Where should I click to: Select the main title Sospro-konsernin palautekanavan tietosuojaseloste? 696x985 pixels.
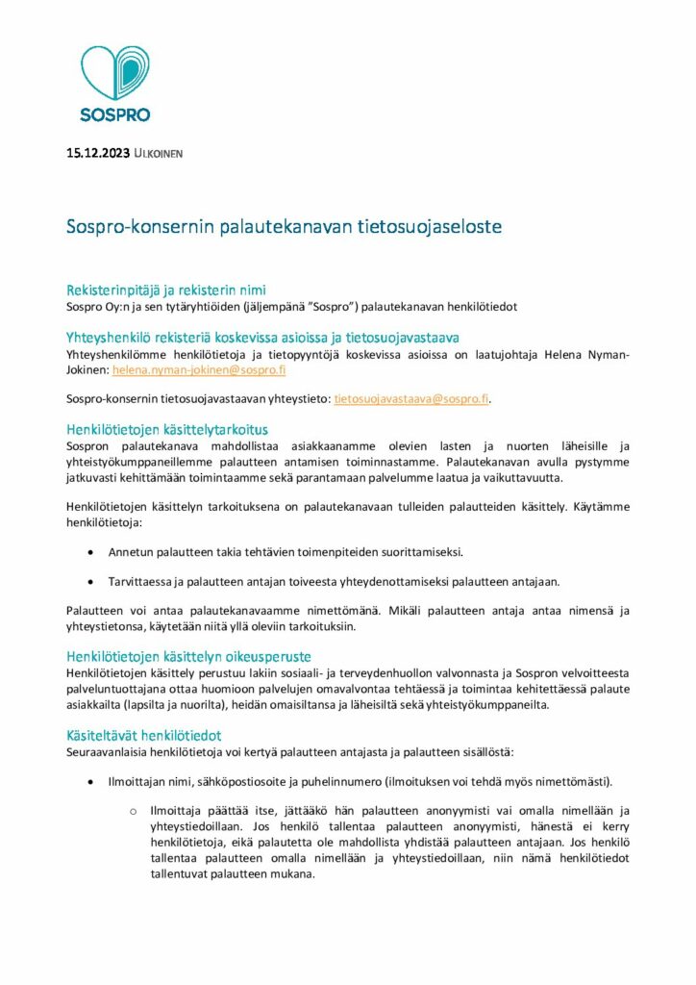click(284, 228)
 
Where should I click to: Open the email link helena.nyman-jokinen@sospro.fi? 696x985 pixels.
click(199, 369)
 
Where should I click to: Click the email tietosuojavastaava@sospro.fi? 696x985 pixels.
click(411, 398)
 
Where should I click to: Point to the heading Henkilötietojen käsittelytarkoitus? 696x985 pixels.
click(166, 429)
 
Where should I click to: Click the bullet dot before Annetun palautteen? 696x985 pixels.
click(91, 552)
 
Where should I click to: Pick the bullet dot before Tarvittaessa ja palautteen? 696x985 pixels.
click(91, 581)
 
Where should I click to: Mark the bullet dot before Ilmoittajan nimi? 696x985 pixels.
click(91, 780)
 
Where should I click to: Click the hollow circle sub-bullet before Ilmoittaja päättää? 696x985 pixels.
click(134, 811)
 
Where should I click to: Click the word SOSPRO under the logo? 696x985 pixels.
click(114, 114)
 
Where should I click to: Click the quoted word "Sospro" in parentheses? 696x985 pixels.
click(322, 306)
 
